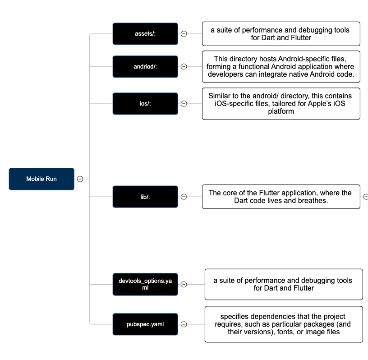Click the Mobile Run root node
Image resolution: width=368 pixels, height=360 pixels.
[41, 179]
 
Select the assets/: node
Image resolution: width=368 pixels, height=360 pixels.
[145, 34]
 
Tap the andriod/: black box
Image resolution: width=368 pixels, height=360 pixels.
[145, 67]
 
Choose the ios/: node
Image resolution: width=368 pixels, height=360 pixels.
[145, 104]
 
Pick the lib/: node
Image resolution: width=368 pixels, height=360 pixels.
[145, 197]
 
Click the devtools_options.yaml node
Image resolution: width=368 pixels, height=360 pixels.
[145, 284]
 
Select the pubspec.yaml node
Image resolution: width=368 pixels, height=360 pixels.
[145, 324]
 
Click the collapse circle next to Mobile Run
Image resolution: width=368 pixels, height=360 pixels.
[80, 179]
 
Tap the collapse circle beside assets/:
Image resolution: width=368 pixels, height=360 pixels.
[184, 34]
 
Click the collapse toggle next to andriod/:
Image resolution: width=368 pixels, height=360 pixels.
[184, 67]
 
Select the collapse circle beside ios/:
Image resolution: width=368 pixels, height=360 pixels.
[184, 104]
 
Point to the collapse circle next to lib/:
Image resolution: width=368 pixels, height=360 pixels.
[184, 197]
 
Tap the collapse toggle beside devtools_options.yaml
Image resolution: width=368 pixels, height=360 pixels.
[184, 284]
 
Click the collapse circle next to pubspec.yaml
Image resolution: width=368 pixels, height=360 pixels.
[184, 324]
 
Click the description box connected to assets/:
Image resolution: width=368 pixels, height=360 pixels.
[281, 34]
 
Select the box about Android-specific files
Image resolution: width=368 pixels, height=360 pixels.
[281, 67]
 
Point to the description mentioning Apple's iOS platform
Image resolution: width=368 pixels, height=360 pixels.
[281, 104]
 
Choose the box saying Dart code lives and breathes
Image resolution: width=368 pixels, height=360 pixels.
[281, 197]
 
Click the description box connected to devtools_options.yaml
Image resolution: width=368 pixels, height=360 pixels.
[284, 284]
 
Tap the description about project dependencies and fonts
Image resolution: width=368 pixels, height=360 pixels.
[284, 324]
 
